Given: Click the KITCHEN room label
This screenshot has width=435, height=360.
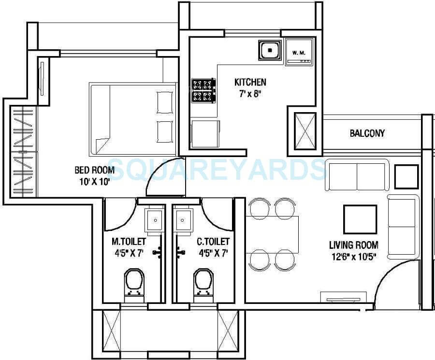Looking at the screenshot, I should pos(250,82).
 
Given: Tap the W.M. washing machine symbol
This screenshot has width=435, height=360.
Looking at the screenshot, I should pos(299,52).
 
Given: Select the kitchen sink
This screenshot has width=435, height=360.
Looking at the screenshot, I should pos(269,50).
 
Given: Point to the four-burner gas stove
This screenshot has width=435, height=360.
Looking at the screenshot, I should pos(203,90).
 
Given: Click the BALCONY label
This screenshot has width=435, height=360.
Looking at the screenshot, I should pos(367,133).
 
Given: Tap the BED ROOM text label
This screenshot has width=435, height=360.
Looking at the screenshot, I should pos(94,170).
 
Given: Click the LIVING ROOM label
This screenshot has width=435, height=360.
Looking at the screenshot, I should pos(354,245).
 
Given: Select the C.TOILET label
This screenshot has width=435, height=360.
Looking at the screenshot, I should pos(213,241).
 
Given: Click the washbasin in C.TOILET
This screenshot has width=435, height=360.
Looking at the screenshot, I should pos(183,220).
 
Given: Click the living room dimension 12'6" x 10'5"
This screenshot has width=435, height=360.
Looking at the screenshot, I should pos(354,257).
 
